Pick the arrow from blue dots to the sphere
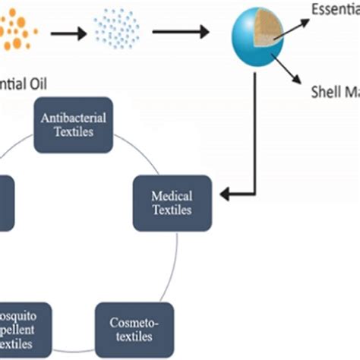pos(181,31)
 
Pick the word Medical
pos(172,197)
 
